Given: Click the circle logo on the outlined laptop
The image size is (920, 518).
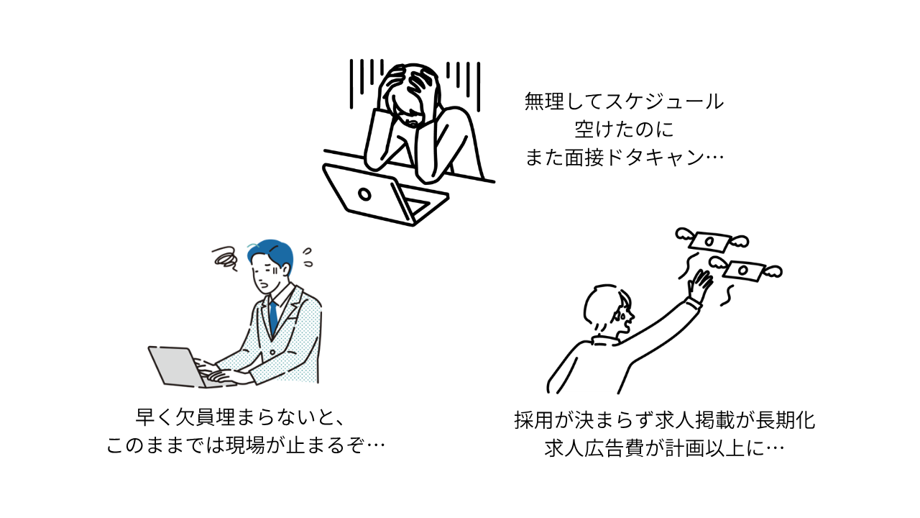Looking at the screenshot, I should pos(364,194).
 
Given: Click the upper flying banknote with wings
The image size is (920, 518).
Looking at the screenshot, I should pos(711,240).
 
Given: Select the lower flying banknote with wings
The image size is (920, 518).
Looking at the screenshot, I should pos(745,271).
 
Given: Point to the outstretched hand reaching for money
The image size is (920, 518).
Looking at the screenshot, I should pos(699,286).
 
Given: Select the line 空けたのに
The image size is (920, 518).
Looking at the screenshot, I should pos(624,129).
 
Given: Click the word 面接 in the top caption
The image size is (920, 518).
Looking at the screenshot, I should pos(587,158).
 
